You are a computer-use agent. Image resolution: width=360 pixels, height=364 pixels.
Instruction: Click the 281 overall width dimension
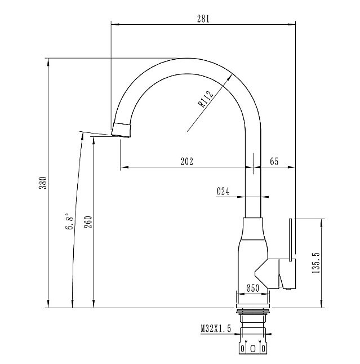[203, 18]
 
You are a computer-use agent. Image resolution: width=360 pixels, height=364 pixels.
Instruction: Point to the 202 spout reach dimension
[186, 161]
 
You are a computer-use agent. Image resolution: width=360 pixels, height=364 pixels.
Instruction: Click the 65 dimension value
[274, 161]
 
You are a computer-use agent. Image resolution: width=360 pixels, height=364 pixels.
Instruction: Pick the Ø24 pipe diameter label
[223, 192]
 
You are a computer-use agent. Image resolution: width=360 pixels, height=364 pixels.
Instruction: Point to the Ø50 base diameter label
[252, 288]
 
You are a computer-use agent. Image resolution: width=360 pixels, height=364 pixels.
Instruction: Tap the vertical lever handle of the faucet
[291, 239]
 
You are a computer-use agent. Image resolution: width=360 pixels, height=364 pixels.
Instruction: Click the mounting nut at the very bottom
[252, 346]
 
